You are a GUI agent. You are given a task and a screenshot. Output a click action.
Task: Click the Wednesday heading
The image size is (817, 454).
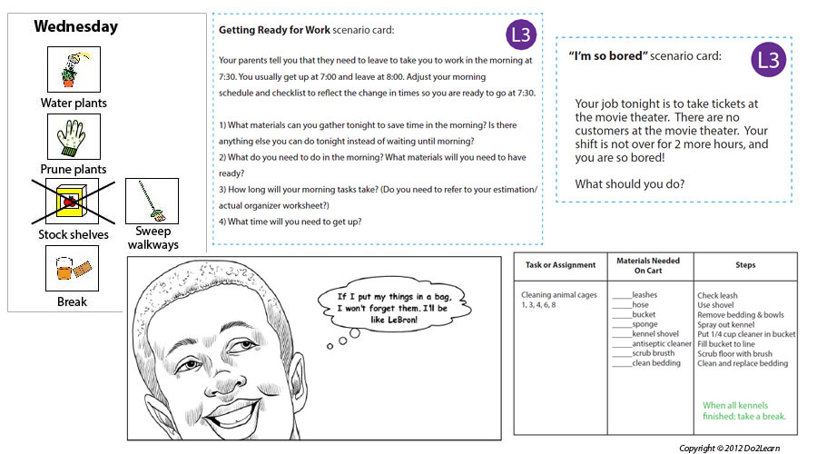(75, 27)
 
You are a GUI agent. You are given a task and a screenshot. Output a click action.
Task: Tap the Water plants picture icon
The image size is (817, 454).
(73, 68)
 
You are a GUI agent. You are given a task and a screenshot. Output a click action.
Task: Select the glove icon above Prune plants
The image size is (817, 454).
(73, 136)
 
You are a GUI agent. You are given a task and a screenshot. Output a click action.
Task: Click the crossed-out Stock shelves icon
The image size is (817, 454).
(73, 202)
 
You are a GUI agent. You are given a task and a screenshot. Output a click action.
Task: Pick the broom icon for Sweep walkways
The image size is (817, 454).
(151, 202)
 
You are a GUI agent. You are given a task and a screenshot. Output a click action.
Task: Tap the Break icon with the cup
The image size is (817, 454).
(73, 268)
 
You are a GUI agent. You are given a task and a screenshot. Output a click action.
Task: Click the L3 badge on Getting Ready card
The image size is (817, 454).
(521, 35)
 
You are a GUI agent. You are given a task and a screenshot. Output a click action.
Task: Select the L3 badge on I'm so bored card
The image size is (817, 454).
(769, 61)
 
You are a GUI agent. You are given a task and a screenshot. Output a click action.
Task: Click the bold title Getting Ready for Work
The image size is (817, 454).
(274, 30)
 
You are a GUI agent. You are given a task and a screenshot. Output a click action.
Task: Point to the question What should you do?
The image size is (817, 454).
(630, 184)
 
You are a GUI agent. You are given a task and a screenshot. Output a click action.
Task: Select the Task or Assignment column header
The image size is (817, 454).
(561, 265)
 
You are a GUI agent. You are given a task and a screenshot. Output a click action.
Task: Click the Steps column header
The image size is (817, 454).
(745, 265)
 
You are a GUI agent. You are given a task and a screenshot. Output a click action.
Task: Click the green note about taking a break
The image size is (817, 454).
(744, 410)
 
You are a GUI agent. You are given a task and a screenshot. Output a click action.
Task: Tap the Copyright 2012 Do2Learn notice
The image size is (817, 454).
(729, 448)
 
